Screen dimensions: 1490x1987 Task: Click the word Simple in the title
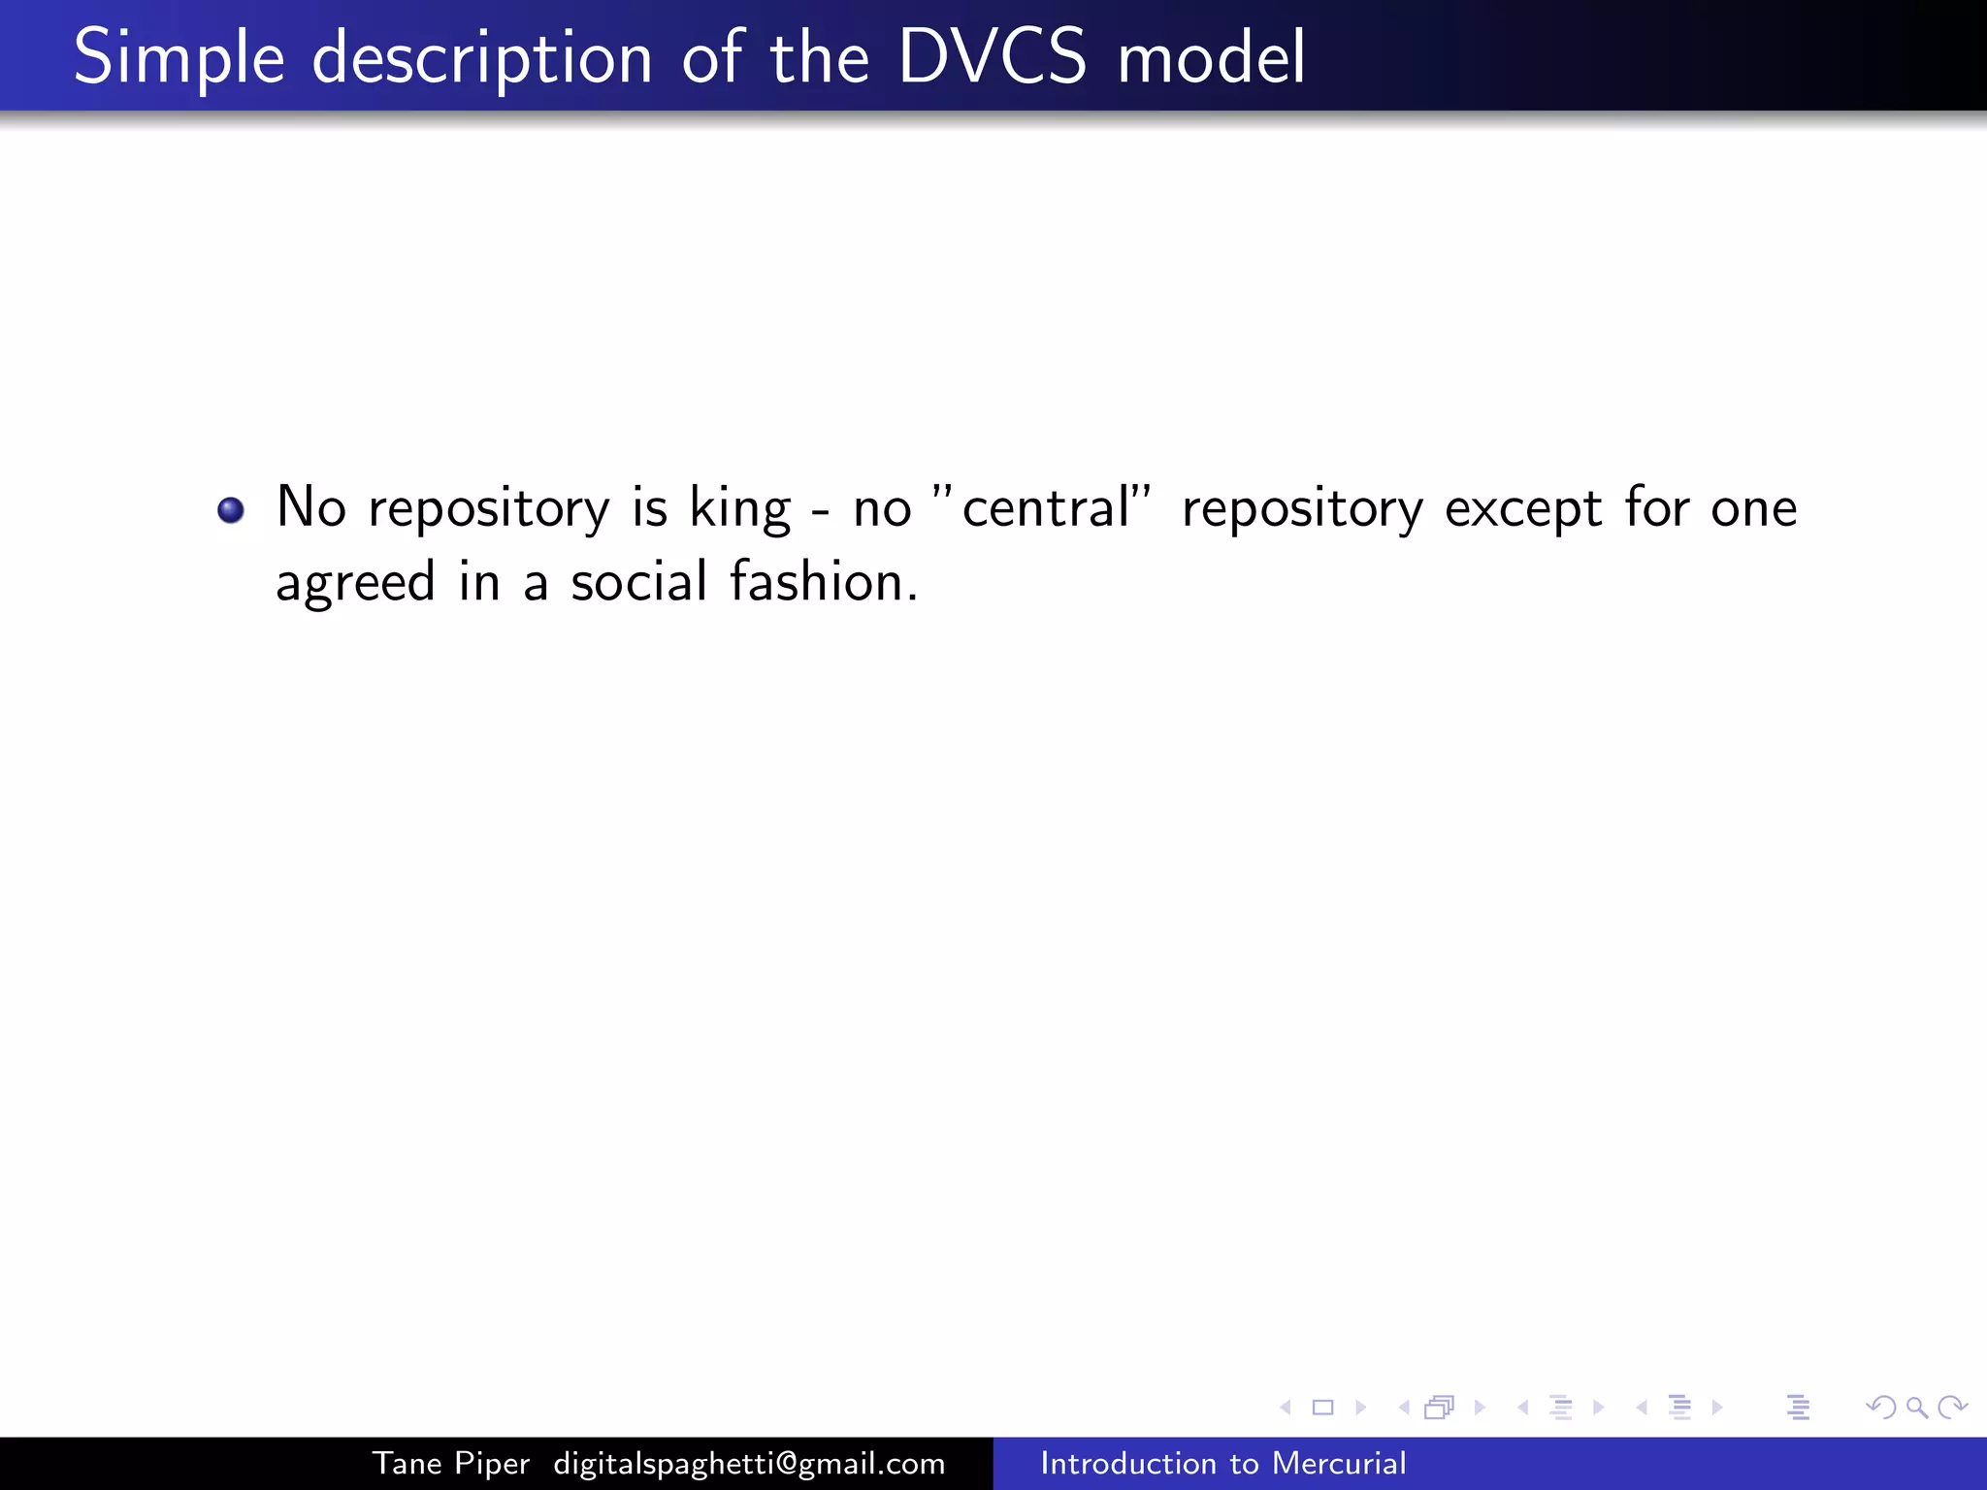coord(179,58)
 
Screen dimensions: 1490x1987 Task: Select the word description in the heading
coord(482,58)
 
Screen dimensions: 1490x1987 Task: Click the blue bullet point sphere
coord(231,509)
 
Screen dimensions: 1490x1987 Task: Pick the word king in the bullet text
coord(739,508)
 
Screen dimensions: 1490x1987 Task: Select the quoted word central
coord(1046,508)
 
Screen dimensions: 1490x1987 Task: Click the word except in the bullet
coord(1522,508)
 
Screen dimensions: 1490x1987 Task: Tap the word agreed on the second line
coord(355,584)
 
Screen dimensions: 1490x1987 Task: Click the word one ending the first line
coord(1753,508)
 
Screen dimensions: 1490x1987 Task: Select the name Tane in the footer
coord(407,1463)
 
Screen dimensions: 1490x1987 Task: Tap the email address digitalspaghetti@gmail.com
coord(749,1463)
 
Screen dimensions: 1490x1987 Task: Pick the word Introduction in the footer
coord(1127,1463)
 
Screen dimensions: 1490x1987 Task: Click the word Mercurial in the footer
coord(1339,1463)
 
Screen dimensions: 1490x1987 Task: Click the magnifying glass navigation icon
coord(1916,1407)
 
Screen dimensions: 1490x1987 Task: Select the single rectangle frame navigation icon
coord(1322,1407)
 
